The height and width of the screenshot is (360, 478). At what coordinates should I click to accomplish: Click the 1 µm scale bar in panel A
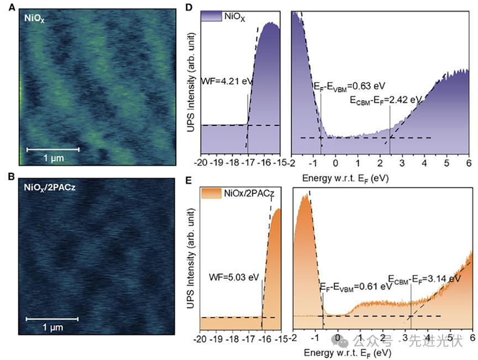tap(53, 149)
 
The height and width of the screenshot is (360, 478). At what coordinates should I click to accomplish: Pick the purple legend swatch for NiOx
tap(211, 17)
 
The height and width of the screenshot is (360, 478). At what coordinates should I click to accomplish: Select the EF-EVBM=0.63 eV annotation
tap(345, 86)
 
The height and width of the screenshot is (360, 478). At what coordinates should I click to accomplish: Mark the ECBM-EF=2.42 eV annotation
tap(386, 100)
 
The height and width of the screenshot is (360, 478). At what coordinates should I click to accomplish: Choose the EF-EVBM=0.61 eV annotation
tap(353, 287)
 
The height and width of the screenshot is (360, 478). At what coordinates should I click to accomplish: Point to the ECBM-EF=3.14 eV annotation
tap(424, 278)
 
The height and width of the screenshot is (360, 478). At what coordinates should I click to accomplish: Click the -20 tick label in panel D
tap(201, 164)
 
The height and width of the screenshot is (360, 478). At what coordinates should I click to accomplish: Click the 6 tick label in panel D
tap(468, 164)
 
